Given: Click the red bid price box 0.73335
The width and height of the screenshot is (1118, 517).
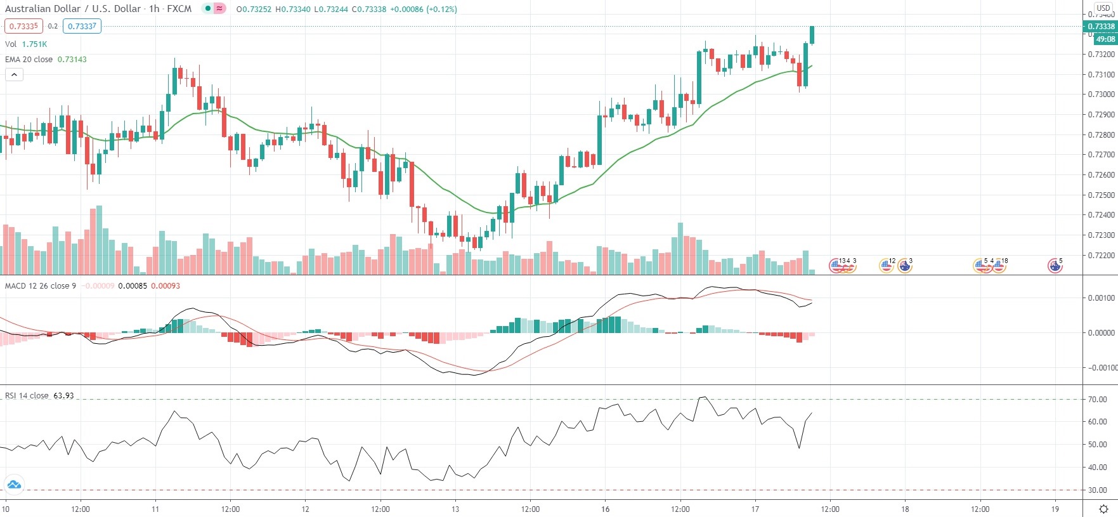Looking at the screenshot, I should (x=23, y=26).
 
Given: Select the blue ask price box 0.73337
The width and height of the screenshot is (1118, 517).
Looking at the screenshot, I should (x=82, y=26).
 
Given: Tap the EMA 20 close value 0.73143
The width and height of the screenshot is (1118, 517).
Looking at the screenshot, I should (x=72, y=60).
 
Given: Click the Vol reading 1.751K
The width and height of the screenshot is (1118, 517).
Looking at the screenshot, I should (x=34, y=44).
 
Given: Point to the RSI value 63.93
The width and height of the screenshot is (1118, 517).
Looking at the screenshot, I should (x=63, y=396).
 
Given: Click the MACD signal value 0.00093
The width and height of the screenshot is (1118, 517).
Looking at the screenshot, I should (x=166, y=286).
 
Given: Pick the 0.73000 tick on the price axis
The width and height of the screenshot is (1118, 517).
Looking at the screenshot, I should (x=1101, y=95).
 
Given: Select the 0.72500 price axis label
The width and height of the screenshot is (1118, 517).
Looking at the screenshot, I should (x=1101, y=195).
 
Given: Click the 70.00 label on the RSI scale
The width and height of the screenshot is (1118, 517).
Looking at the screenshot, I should (x=1097, y=400).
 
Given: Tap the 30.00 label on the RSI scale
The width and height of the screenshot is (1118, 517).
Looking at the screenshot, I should (x=1097, y=490).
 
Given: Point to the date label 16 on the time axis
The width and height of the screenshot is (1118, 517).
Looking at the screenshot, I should (x=605, y=509).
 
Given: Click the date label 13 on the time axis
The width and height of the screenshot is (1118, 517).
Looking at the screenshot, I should (x=455, y=509).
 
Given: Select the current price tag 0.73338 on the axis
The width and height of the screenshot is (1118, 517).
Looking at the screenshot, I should (x=1101, y=27).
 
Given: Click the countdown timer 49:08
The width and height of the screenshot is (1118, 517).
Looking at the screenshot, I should (x=1105, y=39).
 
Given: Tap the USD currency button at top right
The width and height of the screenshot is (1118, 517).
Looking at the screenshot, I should (x=1103, y=8).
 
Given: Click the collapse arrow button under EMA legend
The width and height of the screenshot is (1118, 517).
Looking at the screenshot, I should (x=14, y=75).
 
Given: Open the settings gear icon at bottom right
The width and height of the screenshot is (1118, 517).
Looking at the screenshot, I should (x=1103, y=509).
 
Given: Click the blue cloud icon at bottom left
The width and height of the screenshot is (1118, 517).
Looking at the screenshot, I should (x=14, y=485).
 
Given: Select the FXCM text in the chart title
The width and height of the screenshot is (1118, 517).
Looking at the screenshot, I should (x=179, y=9).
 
